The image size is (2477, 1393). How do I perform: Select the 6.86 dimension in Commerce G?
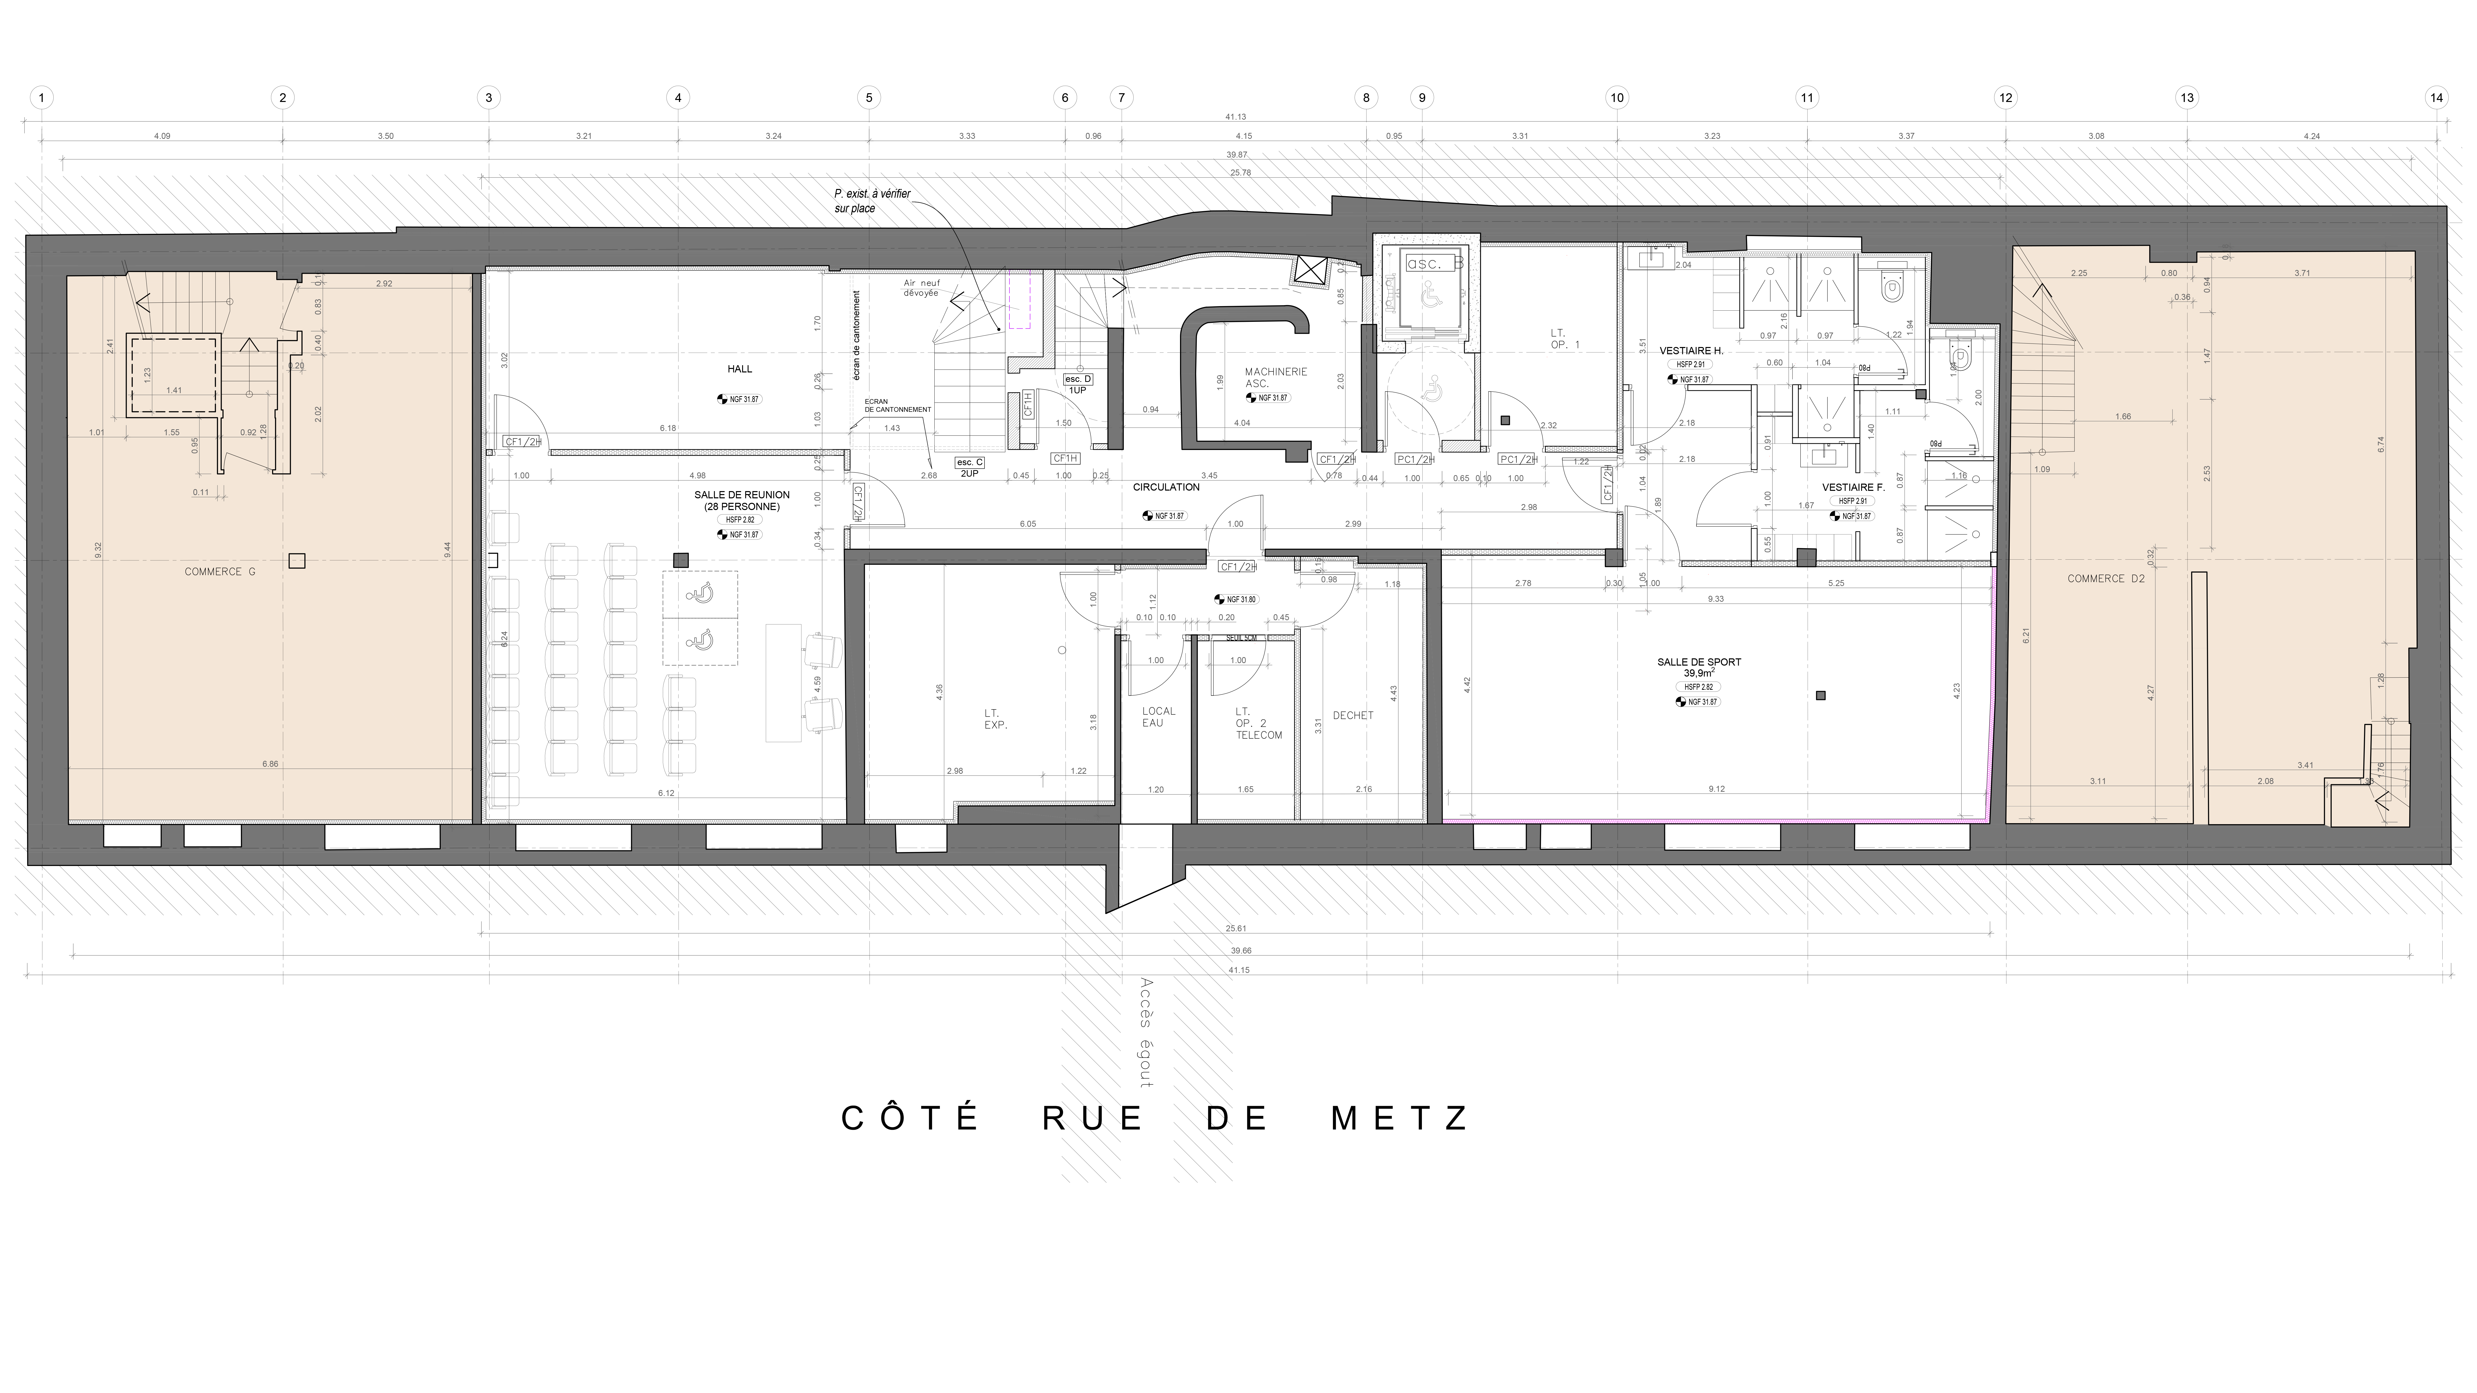270,764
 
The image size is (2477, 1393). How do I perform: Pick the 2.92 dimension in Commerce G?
384,284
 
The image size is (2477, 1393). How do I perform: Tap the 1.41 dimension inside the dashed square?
174,390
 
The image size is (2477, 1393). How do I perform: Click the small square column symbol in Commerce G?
297,561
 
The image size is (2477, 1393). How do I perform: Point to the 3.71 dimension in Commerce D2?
2302,273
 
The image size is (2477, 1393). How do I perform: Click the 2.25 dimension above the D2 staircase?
2079,273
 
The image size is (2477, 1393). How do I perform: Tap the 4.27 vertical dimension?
2151,692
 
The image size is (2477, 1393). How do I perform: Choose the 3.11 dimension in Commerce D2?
2098,782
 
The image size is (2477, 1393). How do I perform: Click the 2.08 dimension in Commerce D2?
2266,782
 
